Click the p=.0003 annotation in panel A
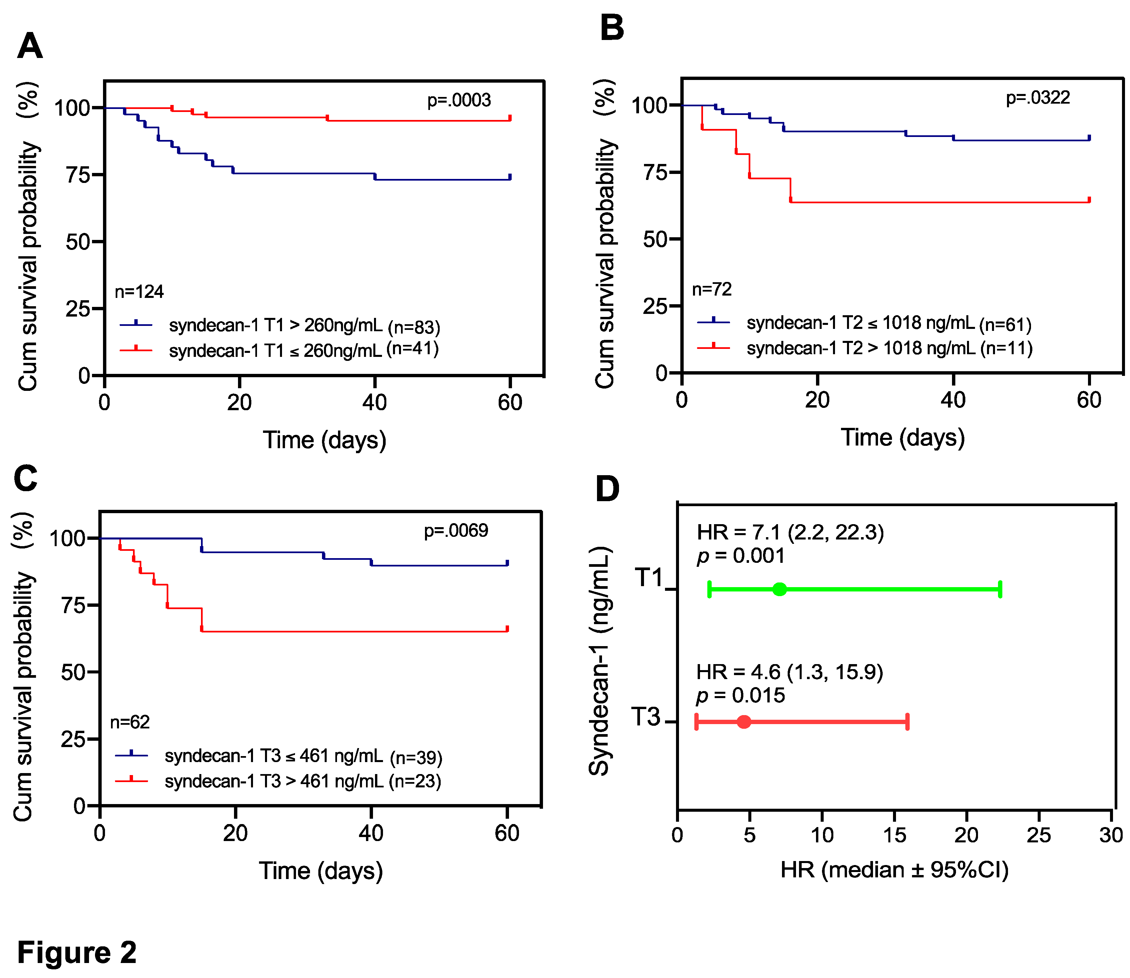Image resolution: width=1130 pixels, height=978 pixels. pyautogui.click(x=459, y=100)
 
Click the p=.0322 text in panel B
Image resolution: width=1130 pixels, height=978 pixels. pyautogui.click(x=1037, y=98)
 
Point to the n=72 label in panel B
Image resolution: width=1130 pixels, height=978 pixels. pyautogui.click(x=711, y=289)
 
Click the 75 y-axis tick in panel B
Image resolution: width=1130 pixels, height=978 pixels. pyautogui.click(x=655, y=173)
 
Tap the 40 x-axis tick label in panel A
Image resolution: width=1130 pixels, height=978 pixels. pyautogui.click(x=374, y=403)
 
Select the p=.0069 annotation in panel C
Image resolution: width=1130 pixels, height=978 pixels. pyautogui.click(x=456, y=530)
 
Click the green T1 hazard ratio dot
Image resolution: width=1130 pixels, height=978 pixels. pyautogui.click(x=780, y=589)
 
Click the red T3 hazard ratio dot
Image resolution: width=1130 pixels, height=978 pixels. pyautogui.click(x=744, y=721)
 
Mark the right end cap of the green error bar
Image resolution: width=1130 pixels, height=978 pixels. pyautogui.click(x=1000, y=589)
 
